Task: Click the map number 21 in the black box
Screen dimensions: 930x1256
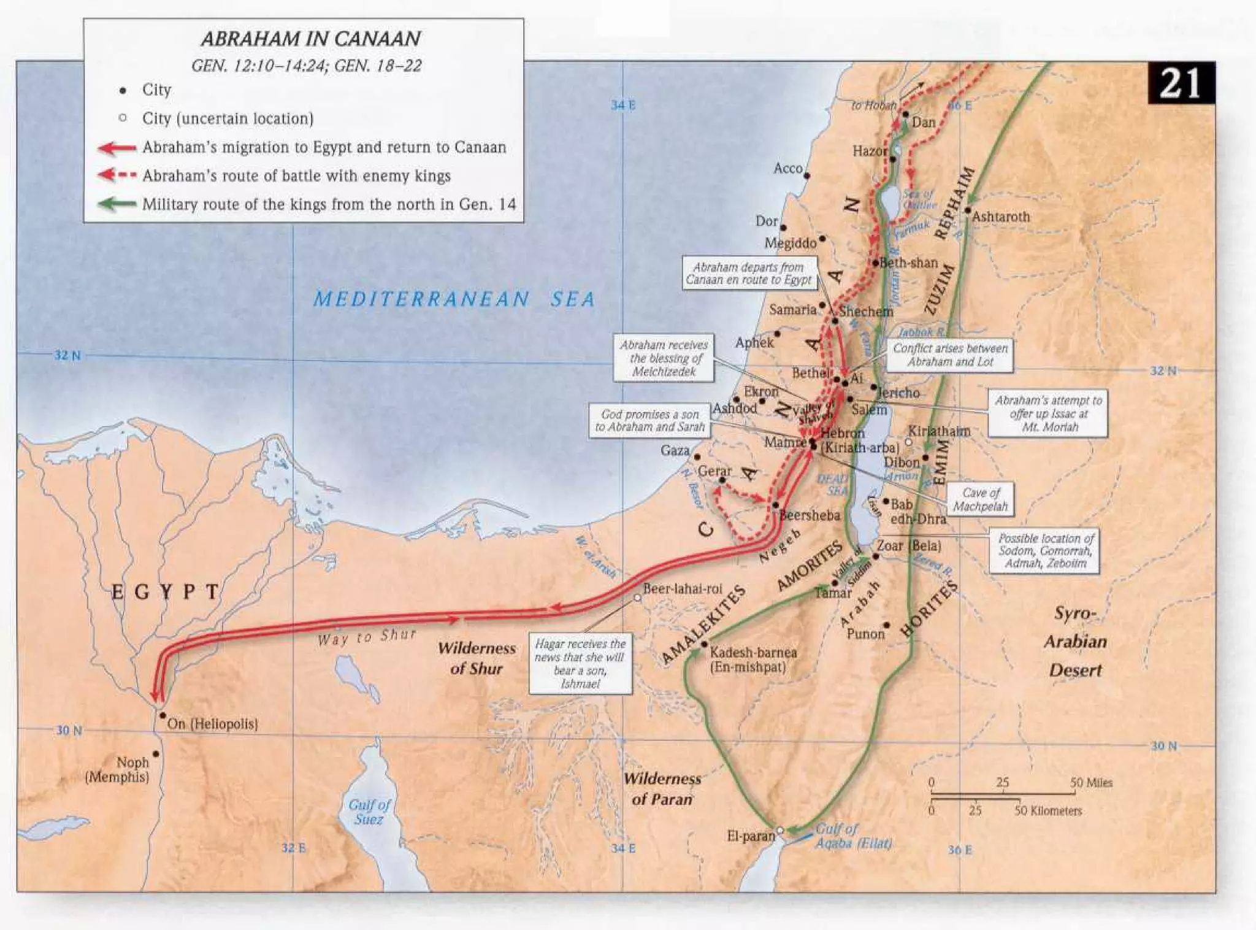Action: coord(1180,83)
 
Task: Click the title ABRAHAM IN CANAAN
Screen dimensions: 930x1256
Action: coord(310,39)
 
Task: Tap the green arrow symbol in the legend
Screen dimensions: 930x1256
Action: coord(117,204)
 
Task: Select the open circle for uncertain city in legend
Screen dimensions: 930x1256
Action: coord(123,118)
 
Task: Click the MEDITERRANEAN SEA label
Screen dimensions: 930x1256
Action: coord(454,299)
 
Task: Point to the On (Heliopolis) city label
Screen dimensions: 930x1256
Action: coord(212,724)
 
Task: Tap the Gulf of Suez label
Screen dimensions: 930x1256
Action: coord(369,812)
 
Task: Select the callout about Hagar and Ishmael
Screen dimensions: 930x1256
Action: coord(580,663)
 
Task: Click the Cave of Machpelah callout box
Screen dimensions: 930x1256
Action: coord(980,499)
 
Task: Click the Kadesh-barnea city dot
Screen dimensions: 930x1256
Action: coord(705,644)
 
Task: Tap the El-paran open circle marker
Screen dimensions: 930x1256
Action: coord(779,830)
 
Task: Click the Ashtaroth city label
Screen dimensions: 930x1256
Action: coord(1001,217)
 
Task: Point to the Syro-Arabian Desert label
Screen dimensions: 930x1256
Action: coord(1074,641)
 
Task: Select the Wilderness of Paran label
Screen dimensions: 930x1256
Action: coord(662,789)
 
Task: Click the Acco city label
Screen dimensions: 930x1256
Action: coord(788,168)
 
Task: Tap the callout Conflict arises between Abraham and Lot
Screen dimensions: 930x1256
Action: coord(949,355)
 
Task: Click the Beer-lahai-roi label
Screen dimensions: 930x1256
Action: coord(682,589)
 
